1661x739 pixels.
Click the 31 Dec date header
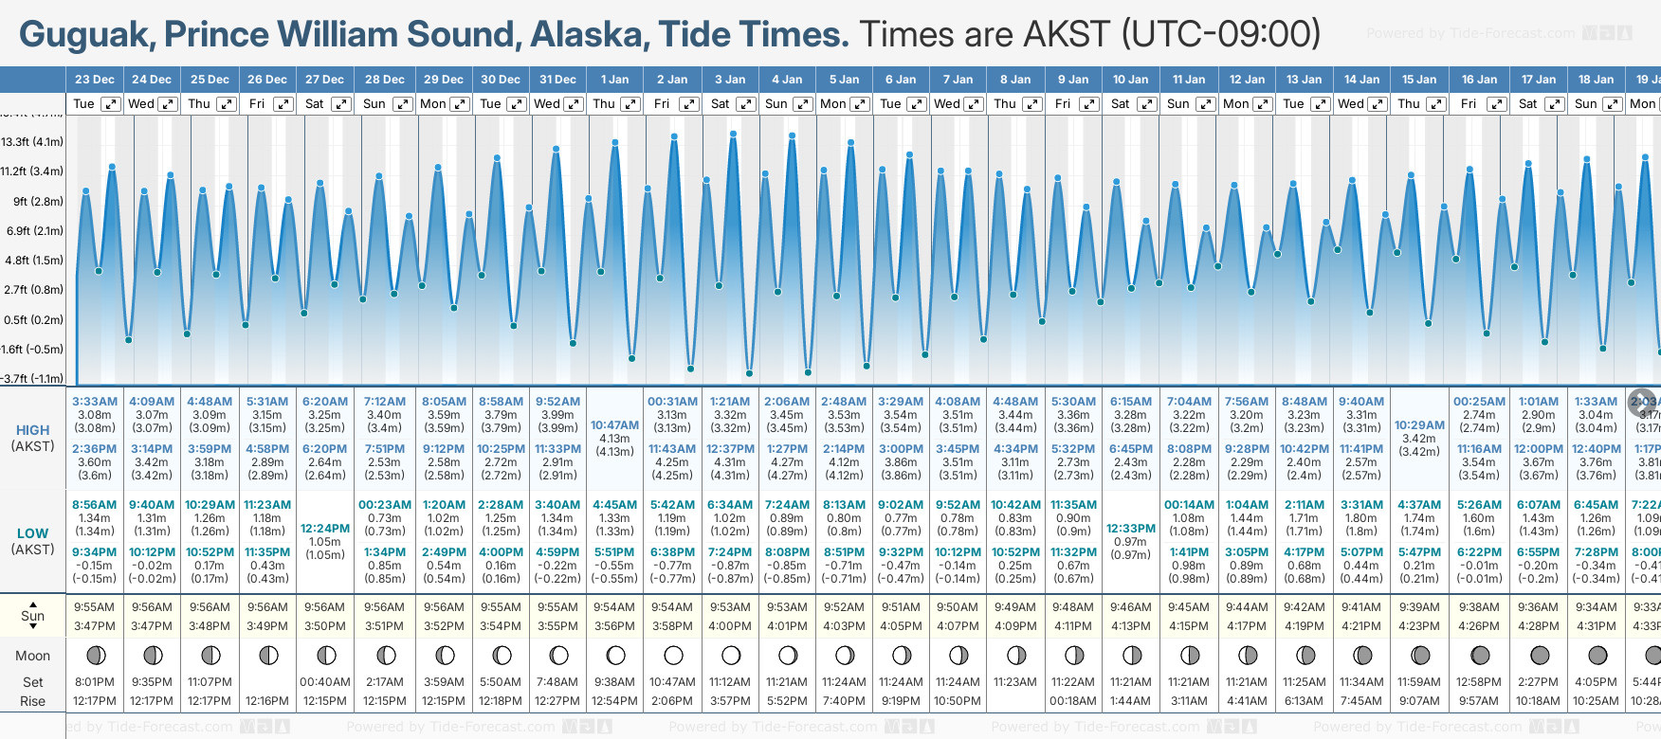(557, 80)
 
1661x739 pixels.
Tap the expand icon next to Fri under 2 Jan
(689, 104)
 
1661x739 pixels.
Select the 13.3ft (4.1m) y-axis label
(32, 142)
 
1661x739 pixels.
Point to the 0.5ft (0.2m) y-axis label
(32, 319)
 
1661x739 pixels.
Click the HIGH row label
(32, 430)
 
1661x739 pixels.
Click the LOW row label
(32, 533)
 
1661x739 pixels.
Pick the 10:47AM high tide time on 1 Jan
(614, 425)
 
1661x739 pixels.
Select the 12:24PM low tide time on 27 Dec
(325, 528)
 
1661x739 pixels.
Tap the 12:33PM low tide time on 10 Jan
(1131, 528)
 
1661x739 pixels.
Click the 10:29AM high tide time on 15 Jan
(1419, 425)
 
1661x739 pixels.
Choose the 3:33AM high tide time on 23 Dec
(95, 402)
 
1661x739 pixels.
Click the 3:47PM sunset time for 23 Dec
(95, 626)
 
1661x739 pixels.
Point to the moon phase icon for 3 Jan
(731, 655)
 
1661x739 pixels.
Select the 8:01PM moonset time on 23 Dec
(95, 682)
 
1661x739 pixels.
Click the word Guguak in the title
(86, 34)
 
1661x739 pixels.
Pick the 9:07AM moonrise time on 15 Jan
(1419, 701)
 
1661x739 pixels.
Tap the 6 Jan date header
(901, 80)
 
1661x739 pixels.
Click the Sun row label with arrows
(32, 616)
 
